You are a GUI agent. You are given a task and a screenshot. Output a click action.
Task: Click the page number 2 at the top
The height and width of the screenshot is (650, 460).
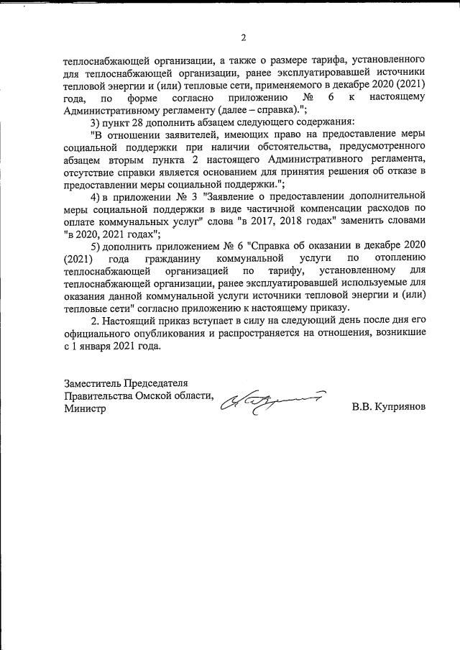(x=244, y=37)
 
